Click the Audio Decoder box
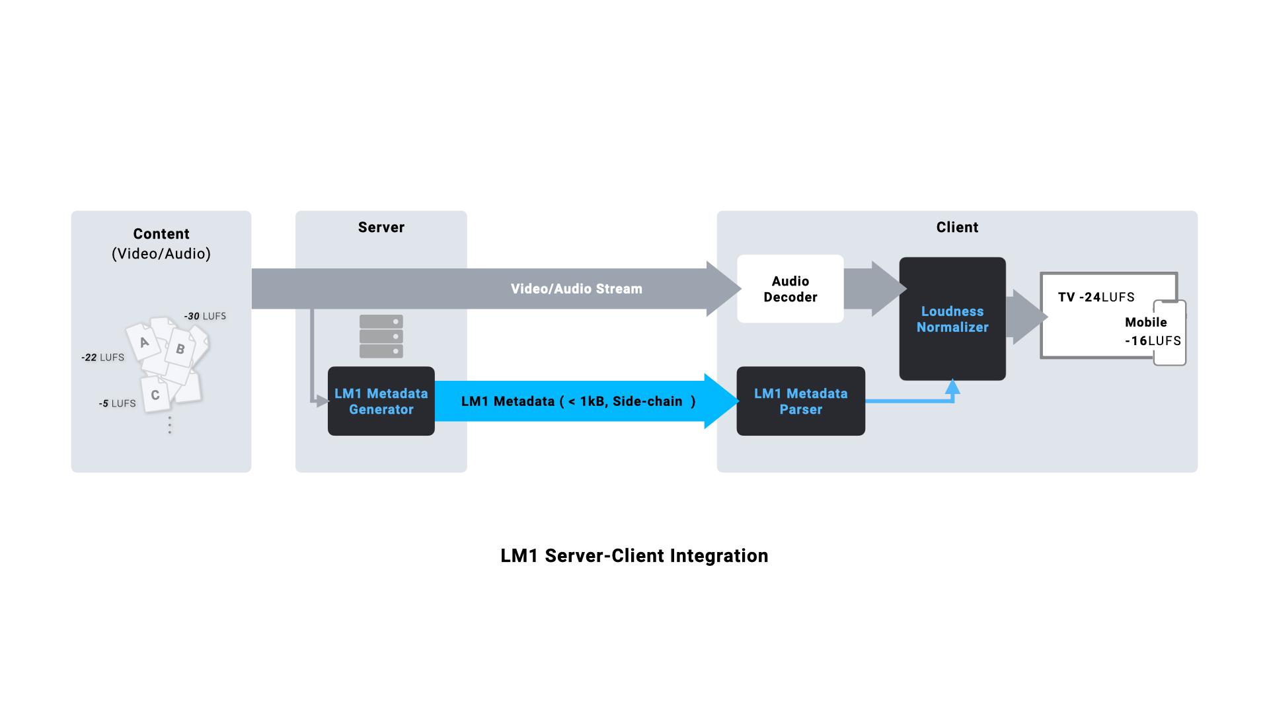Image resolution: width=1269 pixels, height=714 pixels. (x=790, y=289)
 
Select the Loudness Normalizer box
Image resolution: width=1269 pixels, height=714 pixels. (x=952, y=319)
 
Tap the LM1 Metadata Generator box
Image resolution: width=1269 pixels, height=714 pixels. (x=381, y=401)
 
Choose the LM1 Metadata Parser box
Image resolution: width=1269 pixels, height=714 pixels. (x=800, y=401)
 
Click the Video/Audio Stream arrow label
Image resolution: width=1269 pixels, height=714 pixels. (x=576, y=289)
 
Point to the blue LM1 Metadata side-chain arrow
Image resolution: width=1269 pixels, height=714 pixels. (x=578, y=401)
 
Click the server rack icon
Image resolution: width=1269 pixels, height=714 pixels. (x=381, y=337)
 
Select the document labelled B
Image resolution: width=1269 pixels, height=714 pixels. (x=180, y=349)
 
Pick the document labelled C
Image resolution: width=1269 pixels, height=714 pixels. (x=155, y=395)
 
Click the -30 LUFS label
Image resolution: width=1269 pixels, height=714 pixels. (x=205, y=317)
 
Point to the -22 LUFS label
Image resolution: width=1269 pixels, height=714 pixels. (x=102, y=358)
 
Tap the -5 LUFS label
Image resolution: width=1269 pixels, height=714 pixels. (x=117, y=403)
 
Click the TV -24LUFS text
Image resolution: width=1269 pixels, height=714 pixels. (x=1096, y=297)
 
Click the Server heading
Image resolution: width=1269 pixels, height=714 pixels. (x=381, y=227)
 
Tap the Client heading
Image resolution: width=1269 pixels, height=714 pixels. (x=957, y=227)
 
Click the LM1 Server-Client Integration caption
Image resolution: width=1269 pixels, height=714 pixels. (x=634, y=556)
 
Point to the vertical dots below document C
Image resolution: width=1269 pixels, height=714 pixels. (x=170, y=425)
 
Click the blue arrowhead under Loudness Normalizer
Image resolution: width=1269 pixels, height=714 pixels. (x=952, y=387)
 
